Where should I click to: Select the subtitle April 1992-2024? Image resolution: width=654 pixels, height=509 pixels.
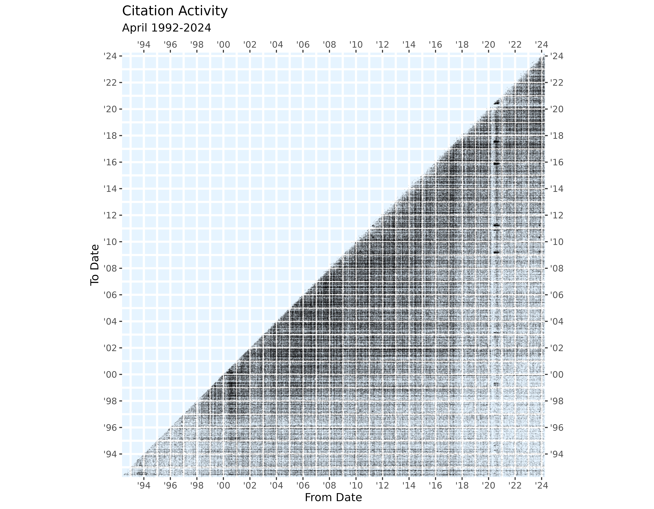click(167, 28)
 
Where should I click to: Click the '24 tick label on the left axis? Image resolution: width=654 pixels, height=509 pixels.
click(110, 56)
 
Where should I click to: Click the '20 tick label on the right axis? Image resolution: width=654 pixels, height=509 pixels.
click(557, 109)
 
